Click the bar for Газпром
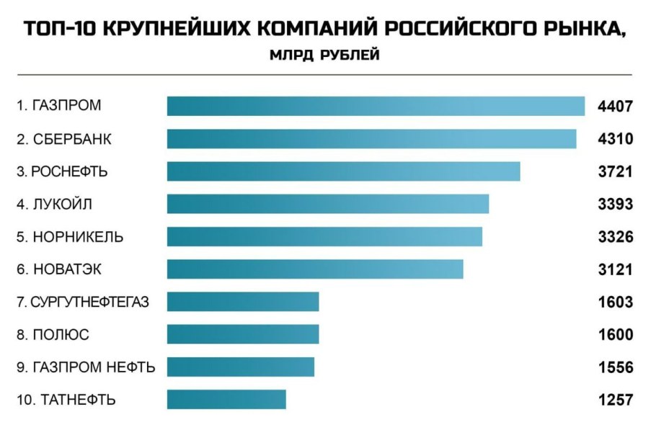pyautogui.click(x=376, y=106)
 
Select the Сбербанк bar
pyautogui.click(x=371, y=138)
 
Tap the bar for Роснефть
pyautogui.click(x=343, y=171)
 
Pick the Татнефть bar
pyautogui.click(x=226, y=399)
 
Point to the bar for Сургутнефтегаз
pyautogui.click(x=243, y=302)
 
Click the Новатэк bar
pyautogui.click(x=315, y=269)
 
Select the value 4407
pyautogui.click(x=615, y=107)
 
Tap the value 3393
pyautogui.click(x=615, y=205)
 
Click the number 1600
pyautogui.click(x=615, y=335)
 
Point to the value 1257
pyautogui.click(x=615, y=400)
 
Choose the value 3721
pyautogui.click(x=615, y=172)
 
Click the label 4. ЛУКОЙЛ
pyautogui.click(x=55, y=204)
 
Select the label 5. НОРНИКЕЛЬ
pyautogui.click(x=70, y=237)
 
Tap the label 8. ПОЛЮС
pyautogui.click(x=53, y=334)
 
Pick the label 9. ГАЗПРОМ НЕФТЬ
pyautogui.click(x=86, y=367)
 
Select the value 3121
pyautogui.click(x=615, y=270)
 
